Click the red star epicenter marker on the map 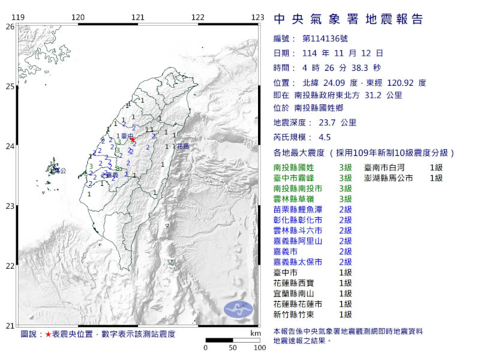pyautogui.click(x=133, y=140)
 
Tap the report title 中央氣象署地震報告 pyautogui.click(x=348, y=19)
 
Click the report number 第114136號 pyautogui.click(x=321, y=39)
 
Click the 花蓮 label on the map pyautogui.click(x=182, y=146)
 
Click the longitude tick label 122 pyautogui.click(x=198, y=17)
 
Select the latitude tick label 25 pyautogui.click(x=10, y=86)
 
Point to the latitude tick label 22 pyautogui.click(x=10, y=266)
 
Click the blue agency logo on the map pyautogui.click(x=239, y=309)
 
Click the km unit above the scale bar pyautogui.click(x=256, y=333)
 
